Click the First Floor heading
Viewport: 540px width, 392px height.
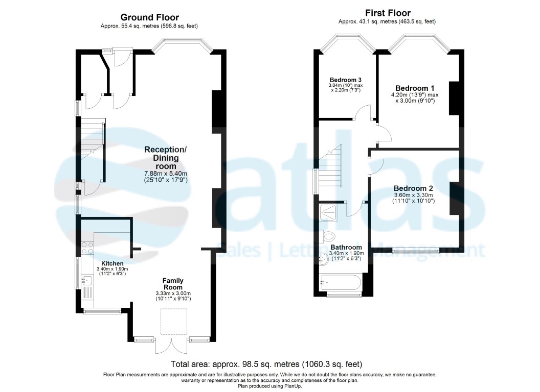click(x=387, y=13)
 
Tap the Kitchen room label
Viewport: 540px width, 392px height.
click(x=112, y=263)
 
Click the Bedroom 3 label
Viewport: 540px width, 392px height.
click(x=346, y=80)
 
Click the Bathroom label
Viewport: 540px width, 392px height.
click(x=346, y=247)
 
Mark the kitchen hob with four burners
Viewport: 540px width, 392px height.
click(x=87, y=248)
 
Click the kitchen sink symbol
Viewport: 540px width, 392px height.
click(x=87, y=280)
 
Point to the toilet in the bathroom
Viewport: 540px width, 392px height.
click(x=329, y=236)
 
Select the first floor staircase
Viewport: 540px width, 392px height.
click(x=330, y=166)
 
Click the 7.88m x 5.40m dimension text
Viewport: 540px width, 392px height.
click(x=167, y=174)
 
